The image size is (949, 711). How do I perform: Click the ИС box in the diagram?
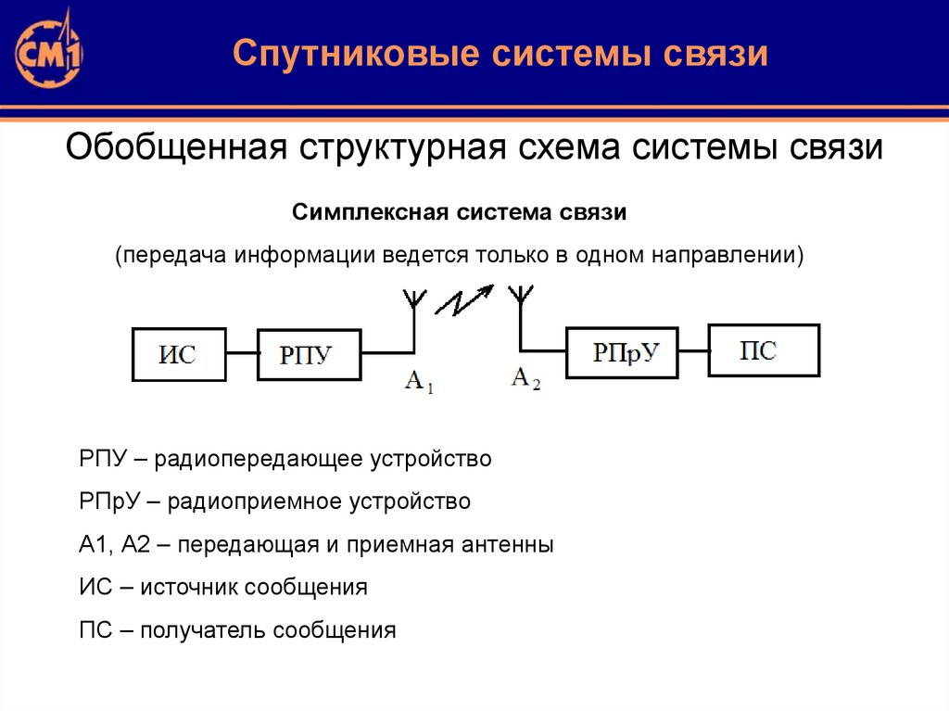[x=179, y=354]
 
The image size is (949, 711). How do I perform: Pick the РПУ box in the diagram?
[x=308, y=354]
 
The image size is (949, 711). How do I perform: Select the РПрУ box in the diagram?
[x=624, y=352]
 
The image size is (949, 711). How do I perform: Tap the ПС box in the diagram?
[x=764, y=349]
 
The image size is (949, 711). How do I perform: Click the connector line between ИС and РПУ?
[x=241, y=353]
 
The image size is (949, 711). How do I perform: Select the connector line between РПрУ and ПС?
[x=694, y=350]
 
